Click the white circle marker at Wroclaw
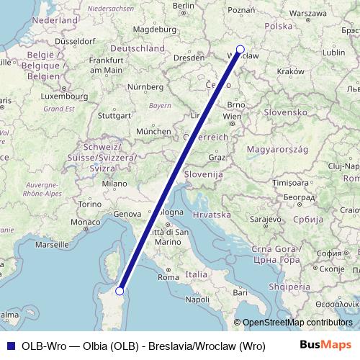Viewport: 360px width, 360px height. [240, 50]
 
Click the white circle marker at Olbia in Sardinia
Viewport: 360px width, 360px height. [120, 291]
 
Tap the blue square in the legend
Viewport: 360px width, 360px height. [9, 344]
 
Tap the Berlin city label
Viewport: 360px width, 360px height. [184, 6]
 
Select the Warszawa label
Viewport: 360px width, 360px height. [308, 13]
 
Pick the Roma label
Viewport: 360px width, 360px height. [168, 276]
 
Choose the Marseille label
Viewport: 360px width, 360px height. [51, 245]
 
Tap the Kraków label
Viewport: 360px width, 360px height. [290, 71]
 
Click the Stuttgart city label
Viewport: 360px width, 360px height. [114, 114]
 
